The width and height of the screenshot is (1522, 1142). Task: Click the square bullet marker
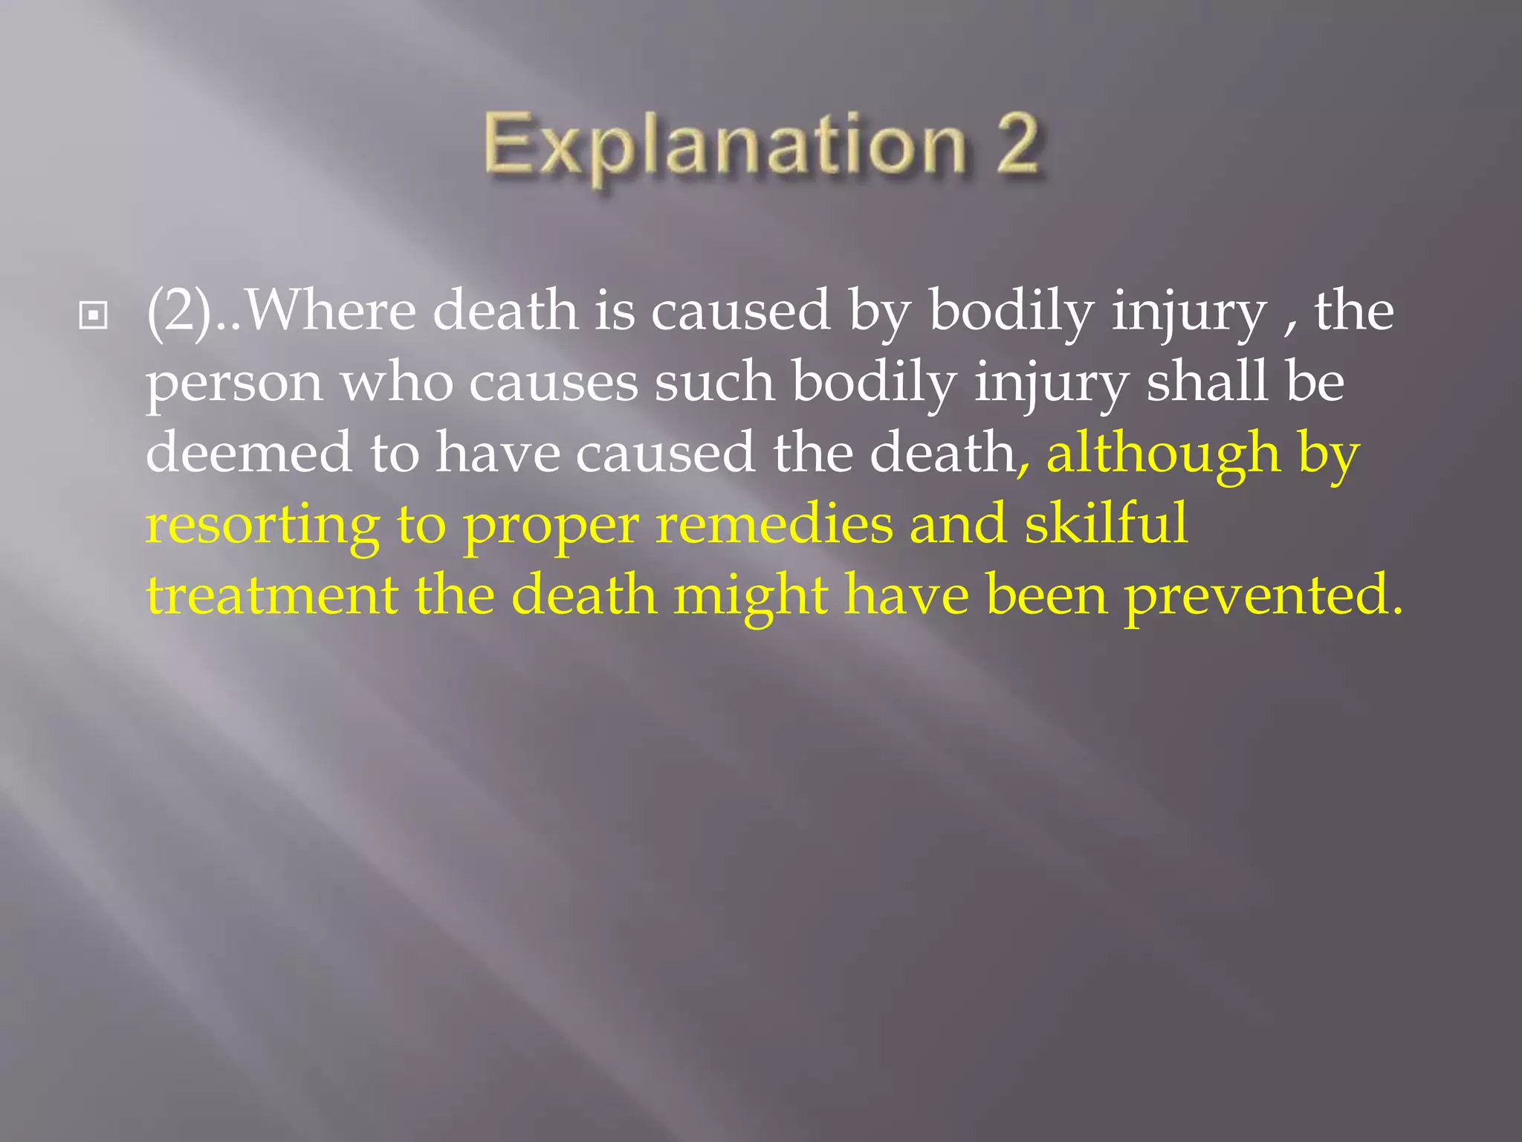[x=93, y=316]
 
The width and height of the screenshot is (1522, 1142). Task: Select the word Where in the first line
[x=331, y=311]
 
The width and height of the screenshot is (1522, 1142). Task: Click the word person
[x=234, y=384]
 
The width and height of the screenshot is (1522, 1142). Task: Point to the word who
[x=397, y=382]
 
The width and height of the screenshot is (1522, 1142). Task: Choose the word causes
[x=554, y=384]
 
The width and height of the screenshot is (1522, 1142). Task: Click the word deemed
[x=248, y=453]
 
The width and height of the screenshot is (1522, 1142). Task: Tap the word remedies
[x=774, y=524]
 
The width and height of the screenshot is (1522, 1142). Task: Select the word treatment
[x=272, y=596]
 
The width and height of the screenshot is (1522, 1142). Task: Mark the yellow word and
[x=959, y=524]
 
